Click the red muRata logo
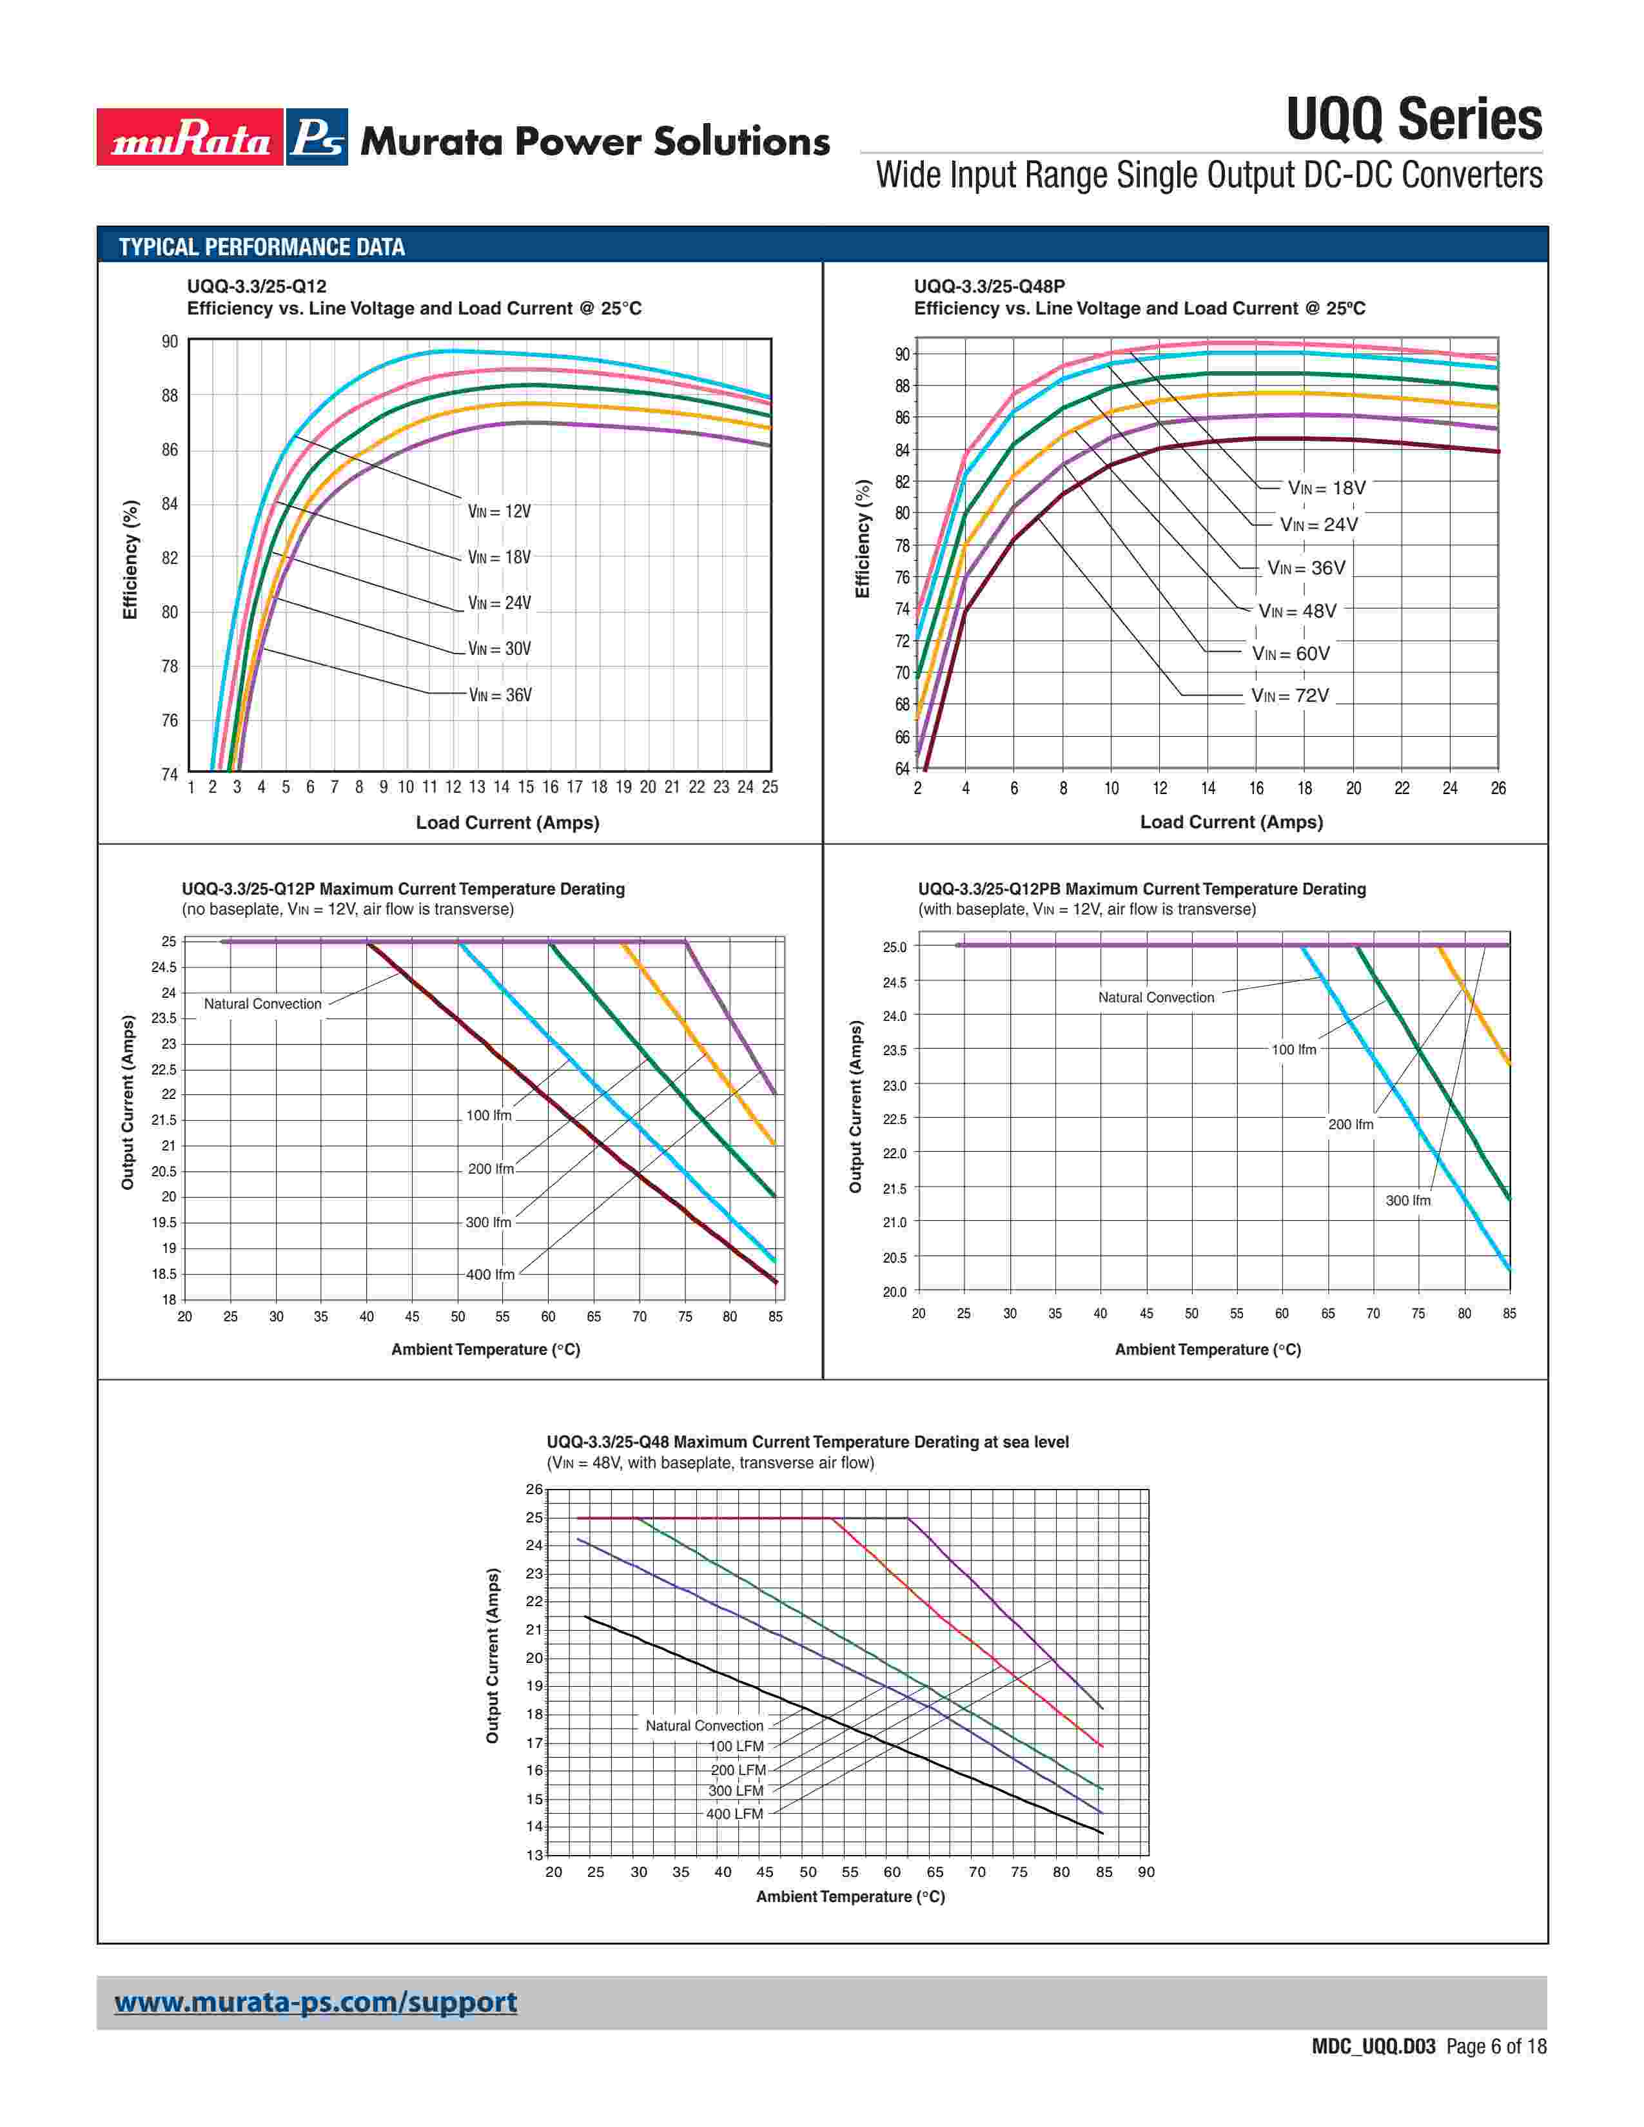tap(190, 137)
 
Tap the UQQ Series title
tap(1413, 120)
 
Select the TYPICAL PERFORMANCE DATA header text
tap(262, 248)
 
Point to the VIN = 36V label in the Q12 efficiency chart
tap(500, 695)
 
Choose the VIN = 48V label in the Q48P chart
tap(1297, 610)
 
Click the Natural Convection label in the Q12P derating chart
tap(262, 1004)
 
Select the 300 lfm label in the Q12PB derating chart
tap(1408, 1201)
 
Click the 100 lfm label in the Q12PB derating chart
tap(1293, 1050)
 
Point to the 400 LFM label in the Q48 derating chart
tap(734, 1813)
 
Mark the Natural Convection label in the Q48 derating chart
tap(704, 1725)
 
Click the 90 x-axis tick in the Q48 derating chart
tap(1146, 1872)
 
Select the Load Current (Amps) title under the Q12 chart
tap(507, 823)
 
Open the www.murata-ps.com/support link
tap(315, 2003)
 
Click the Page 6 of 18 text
tap(1496, 2046)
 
